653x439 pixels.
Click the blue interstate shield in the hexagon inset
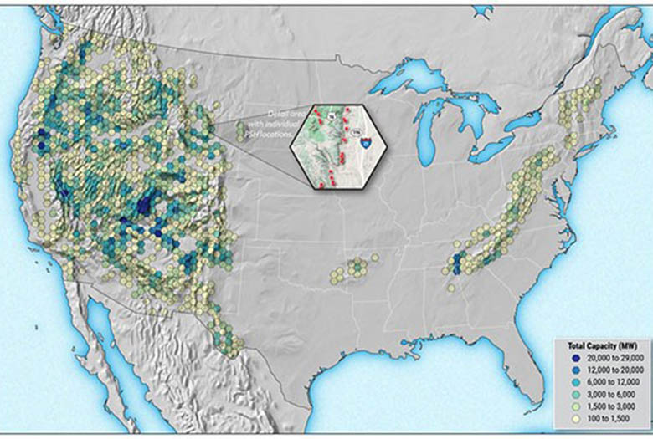pos(366,144)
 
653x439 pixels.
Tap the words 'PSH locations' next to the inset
pos(271,133)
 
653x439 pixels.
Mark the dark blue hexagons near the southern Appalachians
pos(456,263)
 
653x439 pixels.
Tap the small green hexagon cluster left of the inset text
pos(241,131)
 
